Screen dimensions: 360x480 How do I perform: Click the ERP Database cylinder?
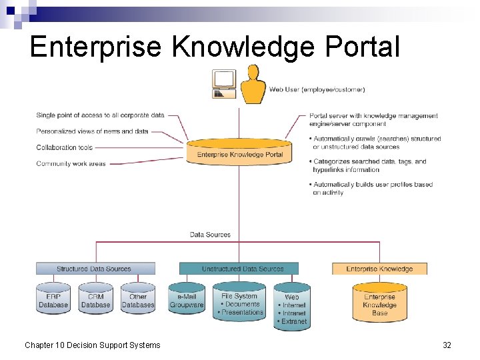coord(53,300)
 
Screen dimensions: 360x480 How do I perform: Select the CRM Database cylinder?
coord(95,300)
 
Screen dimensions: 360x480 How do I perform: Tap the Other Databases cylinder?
coord(138,300)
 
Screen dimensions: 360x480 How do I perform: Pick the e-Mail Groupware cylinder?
coord(187,300)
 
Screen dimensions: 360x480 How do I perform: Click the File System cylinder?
coord(239,303)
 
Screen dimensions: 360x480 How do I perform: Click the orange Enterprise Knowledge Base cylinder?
coord(379,304)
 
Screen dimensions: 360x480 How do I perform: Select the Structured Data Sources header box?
coord(95,269)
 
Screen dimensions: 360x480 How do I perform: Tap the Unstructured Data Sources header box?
coord(243,269)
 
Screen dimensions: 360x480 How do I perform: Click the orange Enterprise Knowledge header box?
coord(379,269)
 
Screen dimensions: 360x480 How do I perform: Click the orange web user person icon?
coord(253,85)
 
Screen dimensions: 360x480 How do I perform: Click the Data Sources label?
coord(210,235)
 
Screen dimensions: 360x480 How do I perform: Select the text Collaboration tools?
coord(65,147)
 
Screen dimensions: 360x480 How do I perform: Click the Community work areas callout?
coord(71,163)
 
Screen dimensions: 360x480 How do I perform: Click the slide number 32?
coord(447,345)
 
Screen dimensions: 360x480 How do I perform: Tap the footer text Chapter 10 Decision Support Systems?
coord(93,345)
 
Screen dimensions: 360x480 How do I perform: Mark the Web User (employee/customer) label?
coord(317,89)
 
